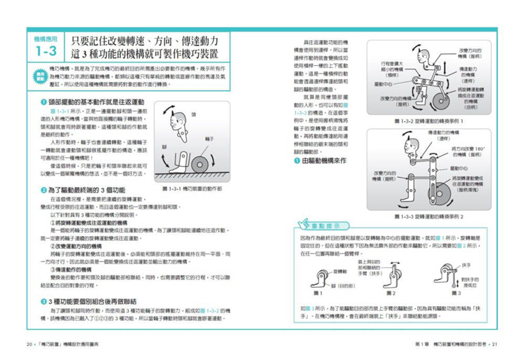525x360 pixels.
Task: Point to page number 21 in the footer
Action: (494, 345)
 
